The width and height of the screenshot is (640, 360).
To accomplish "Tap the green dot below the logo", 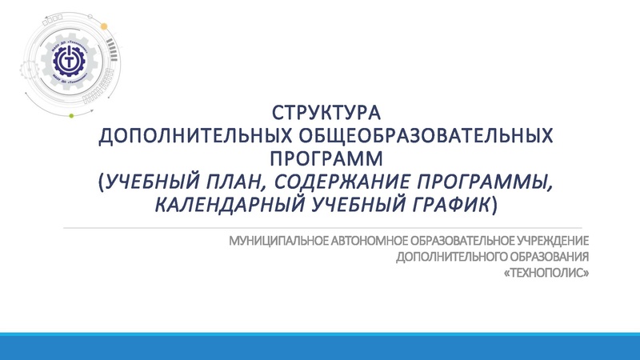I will (71, 116).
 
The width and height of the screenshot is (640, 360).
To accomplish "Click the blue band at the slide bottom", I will (320, 346).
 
